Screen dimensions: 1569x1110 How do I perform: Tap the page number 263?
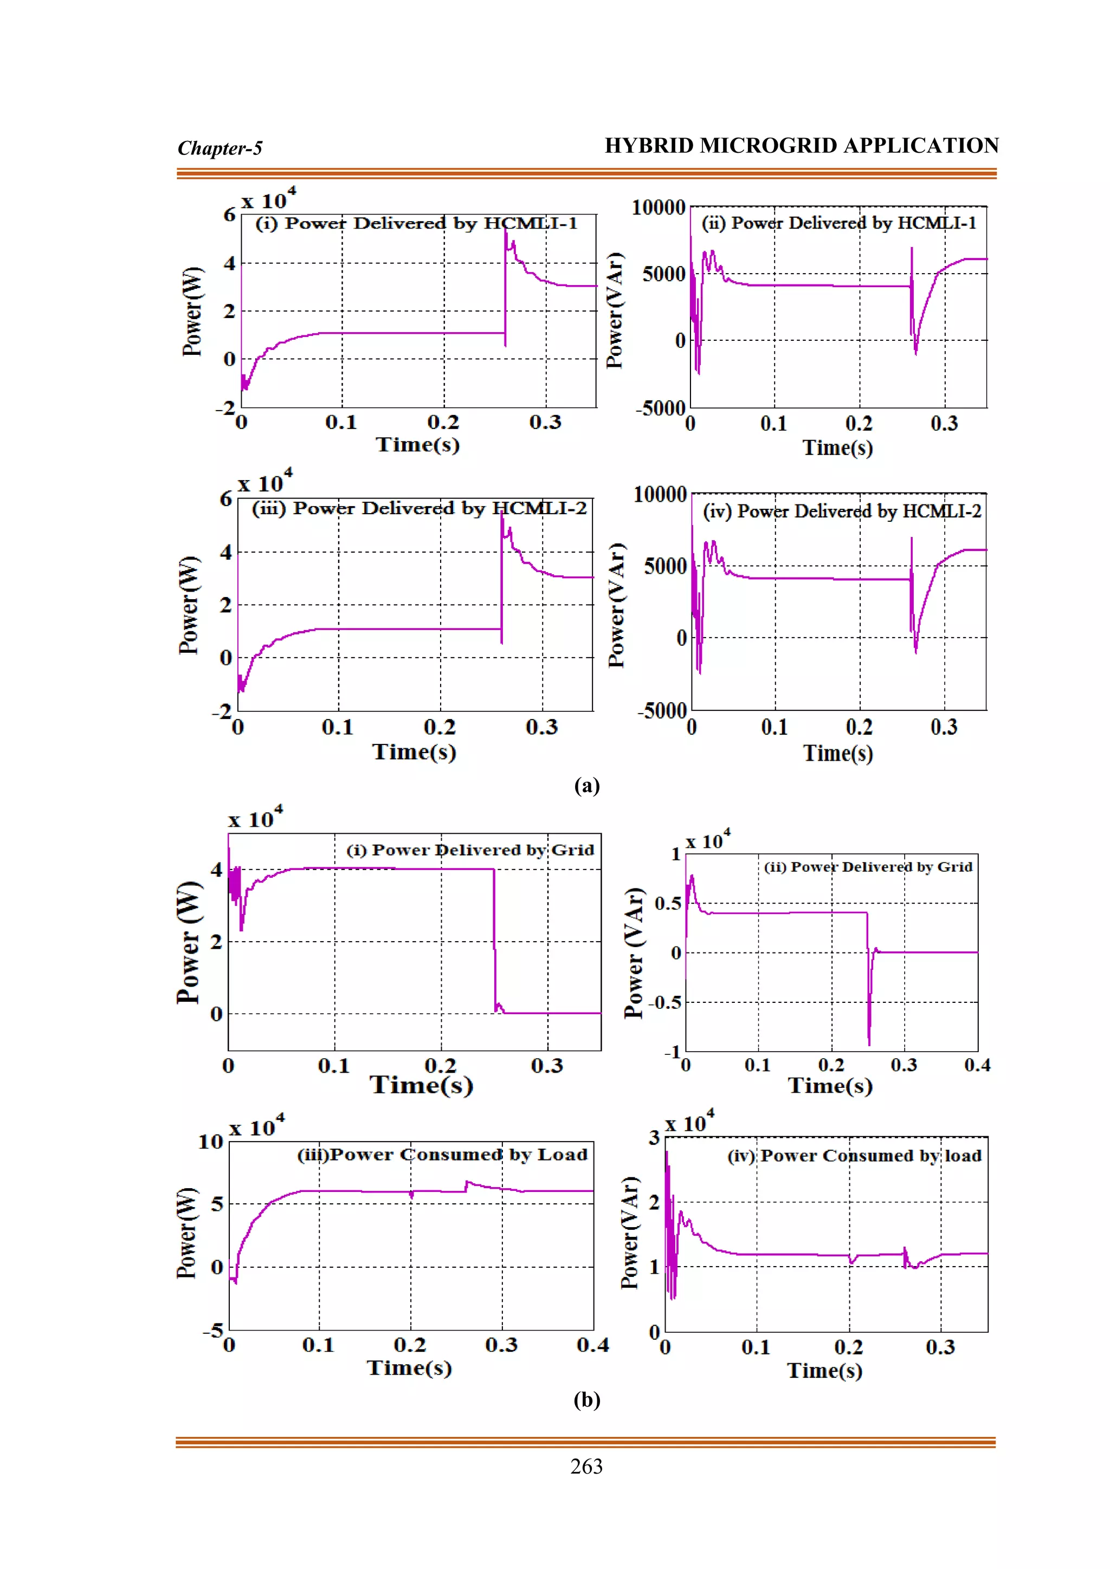coord(586,1467)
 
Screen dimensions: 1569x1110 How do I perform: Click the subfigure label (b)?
coord(586,1399)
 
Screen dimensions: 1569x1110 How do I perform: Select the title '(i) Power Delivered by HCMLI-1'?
coord(416,223)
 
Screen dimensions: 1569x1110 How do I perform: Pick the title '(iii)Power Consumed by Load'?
coord(442,1155)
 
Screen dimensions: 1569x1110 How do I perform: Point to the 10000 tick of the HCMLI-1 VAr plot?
coord(657,207)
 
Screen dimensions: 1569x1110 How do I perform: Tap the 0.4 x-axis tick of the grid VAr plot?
coord(977,1065)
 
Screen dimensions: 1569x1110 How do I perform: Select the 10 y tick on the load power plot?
coord(210,1142)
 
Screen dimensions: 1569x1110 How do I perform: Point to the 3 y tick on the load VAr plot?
coord(654,1138)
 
